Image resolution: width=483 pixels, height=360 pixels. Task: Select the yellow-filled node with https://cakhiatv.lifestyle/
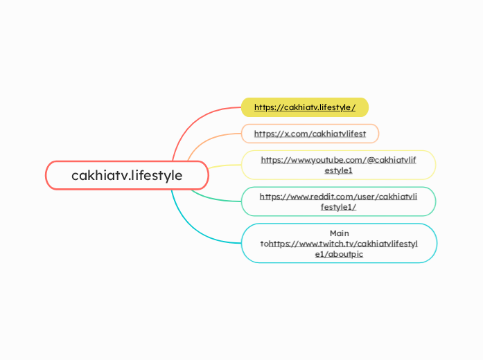tap(304, 107)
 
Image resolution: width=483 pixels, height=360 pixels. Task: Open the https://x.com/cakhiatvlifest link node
tap(310, 133)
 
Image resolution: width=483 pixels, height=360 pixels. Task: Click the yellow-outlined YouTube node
tap(338, 165)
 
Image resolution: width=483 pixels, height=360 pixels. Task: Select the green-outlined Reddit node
tap(338, 201)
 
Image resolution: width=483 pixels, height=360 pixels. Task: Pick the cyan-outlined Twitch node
tap(338, 243)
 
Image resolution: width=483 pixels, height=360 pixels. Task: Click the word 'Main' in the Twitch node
tap(339, 233)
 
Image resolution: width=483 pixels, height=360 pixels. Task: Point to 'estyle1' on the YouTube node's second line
tap(339, 170)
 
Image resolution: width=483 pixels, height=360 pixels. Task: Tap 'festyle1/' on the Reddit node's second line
tap(339, 206)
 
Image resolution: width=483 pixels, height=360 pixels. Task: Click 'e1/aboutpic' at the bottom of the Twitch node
tap(339, 254)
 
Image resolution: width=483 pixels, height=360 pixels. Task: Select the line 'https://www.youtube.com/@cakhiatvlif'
tap(338, 160)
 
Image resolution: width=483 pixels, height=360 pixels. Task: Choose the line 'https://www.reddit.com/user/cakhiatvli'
tap(338, 196)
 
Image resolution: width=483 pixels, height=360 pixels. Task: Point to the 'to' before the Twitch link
tap(264, 244)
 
